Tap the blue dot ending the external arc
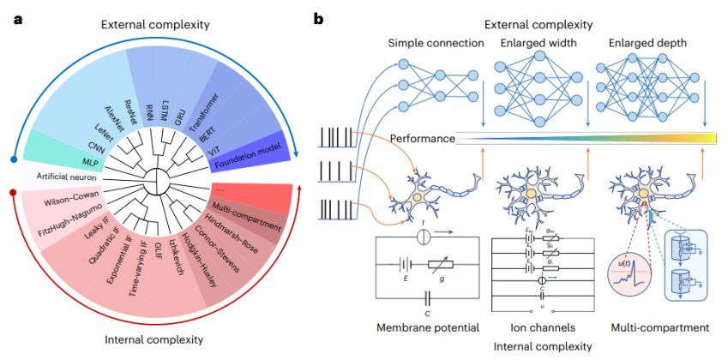click(x=12, y=159)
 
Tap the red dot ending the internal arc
click(x=12, y=193)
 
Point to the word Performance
click(x=422, y=137)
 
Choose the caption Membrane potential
click(x=423, y=327)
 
